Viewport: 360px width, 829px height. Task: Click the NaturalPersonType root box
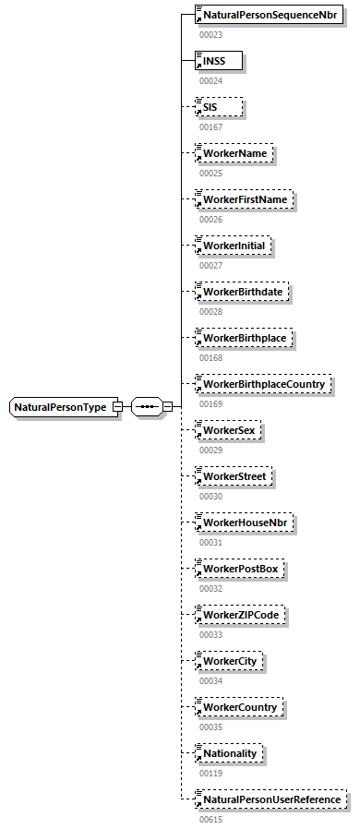coord(61,406)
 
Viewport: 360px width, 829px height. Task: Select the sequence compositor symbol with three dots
coord(147,406)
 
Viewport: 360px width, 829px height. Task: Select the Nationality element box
coord(232,753)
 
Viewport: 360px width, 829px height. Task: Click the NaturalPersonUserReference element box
coord(273,799)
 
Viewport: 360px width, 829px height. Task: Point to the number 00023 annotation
coord(210,34)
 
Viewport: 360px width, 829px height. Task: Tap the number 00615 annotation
coord(210,818)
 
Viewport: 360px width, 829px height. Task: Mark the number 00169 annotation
coord(210,402)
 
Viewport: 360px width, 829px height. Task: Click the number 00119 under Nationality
coord(210,772)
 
